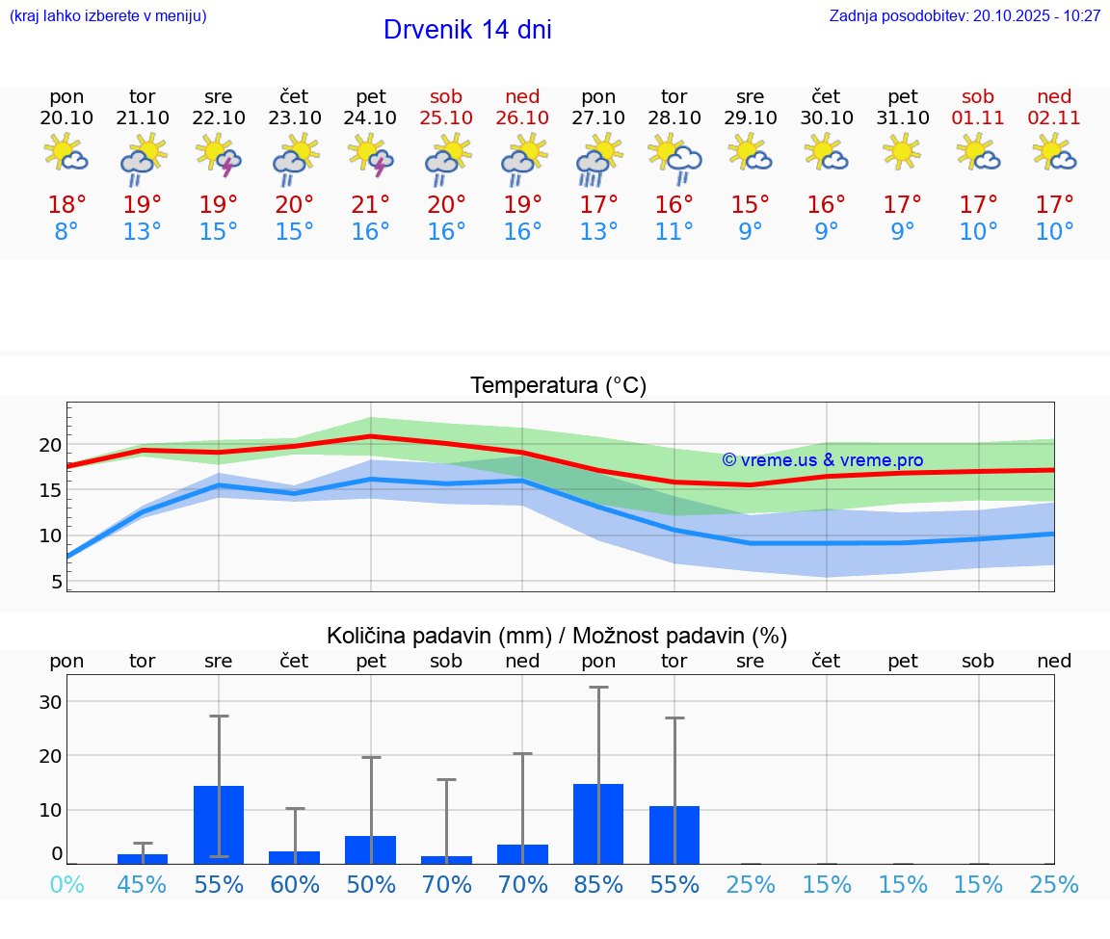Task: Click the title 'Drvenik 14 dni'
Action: tap(467, 30)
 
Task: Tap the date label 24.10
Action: tap(371, 117)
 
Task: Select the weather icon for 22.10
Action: tap(219, 154)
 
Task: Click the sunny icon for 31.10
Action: tap(902, 152)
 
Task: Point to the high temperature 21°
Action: tap(371, 204)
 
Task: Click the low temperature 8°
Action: tap(66, 232)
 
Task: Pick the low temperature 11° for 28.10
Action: tap(674, 232)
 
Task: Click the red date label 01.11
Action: tap(978, 117)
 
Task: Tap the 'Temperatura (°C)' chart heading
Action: tap(558, 386)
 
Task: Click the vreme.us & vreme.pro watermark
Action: tap(822, 460)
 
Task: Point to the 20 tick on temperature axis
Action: tap(50, 445)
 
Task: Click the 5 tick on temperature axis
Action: tap(56, 582)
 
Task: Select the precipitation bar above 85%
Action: tap(598, 823)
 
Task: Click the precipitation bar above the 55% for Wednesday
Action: tap(219, 824)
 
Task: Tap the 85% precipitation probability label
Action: tap(598, 884)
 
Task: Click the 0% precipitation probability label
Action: tap(66, 884)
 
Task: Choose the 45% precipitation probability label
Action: tap(143, 884)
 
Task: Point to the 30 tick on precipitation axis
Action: tap(50, 702)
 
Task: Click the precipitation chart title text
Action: tap(557, 636)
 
